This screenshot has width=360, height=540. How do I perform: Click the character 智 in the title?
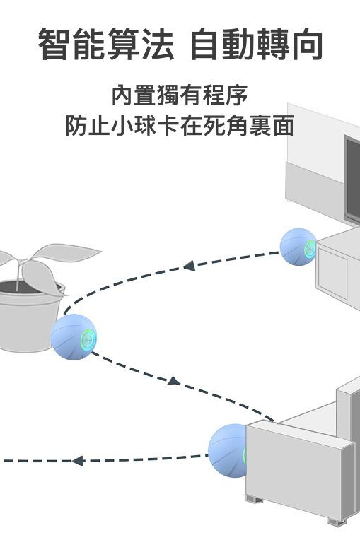click(55, 44)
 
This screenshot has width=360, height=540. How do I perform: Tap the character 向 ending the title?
click(307, 44)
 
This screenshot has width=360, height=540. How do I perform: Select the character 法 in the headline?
click(158, 44)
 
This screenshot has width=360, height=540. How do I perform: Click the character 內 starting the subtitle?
click(122, 95)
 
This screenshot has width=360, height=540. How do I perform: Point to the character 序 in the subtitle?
click(237, 95)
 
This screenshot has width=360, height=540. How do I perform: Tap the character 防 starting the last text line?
click(76, 126)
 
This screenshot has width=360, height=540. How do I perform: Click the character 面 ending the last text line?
click(283, 126)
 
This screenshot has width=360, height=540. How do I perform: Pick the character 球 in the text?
click(146, 126)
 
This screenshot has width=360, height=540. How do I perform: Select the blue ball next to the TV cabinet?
click(298, 247)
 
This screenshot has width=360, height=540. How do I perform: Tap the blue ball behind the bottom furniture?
click(228, 450)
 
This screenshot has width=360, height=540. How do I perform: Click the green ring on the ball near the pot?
click(88, 339)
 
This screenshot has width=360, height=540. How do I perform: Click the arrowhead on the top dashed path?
click(190, 266)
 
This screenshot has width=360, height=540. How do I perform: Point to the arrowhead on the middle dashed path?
click(174, 381)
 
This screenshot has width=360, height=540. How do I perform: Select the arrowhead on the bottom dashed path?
click(78, 460)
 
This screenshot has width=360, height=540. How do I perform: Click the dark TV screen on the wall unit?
click(353, 179)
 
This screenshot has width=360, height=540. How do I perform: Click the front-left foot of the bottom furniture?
click(254, 499)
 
